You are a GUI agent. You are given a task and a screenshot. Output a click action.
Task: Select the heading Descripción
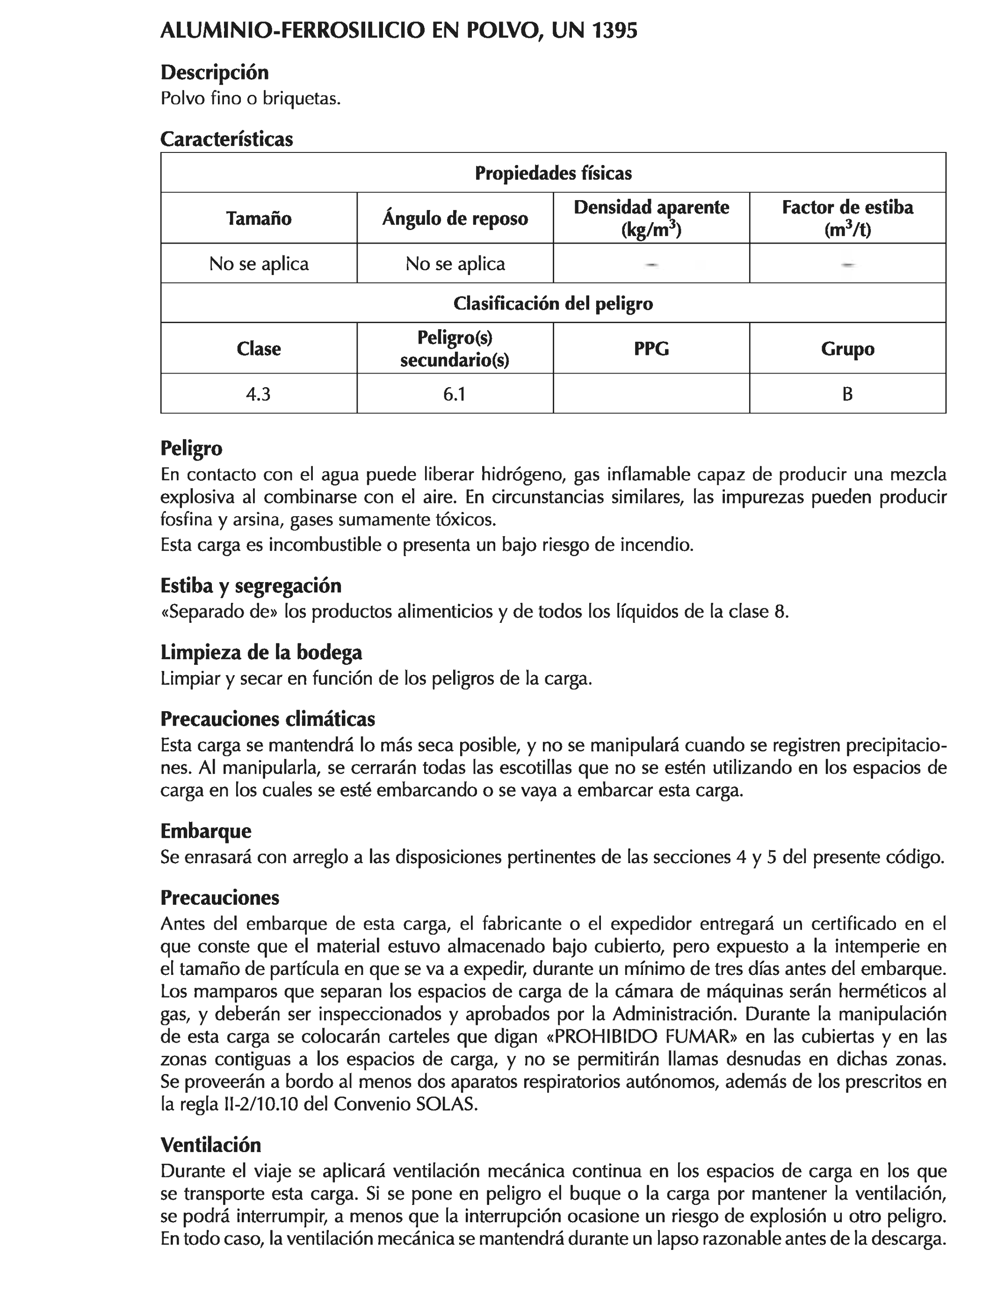tap(215, 72)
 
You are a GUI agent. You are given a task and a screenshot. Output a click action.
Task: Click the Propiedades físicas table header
tap(553, 173)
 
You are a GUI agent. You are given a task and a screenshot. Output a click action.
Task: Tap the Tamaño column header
tap(259, 218)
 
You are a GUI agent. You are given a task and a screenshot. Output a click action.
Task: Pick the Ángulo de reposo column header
tap(455, 218)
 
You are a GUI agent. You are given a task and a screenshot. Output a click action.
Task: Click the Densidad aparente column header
tap(651, 218)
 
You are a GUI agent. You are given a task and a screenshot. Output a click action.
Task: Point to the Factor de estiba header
tap(847, 218)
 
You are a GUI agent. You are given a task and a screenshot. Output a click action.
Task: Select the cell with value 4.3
tap(258, 394)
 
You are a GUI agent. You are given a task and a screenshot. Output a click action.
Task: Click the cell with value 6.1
tap(455, 394)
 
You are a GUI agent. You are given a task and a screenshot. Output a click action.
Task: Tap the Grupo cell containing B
tap(847, 394)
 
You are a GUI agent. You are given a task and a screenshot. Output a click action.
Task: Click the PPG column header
tap(651, 349)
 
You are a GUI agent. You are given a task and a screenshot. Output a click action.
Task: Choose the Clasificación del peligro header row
tap(553, 303)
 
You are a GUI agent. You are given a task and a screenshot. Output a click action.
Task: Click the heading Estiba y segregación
tap(251, 586)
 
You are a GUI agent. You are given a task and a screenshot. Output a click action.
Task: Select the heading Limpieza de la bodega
tap(261, 653)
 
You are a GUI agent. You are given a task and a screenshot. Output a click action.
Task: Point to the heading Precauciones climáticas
tap(267, 720)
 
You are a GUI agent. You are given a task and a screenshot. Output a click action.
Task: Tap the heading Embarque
tap(206, 831)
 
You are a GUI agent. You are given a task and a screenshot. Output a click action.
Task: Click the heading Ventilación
tap(210, 1145)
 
